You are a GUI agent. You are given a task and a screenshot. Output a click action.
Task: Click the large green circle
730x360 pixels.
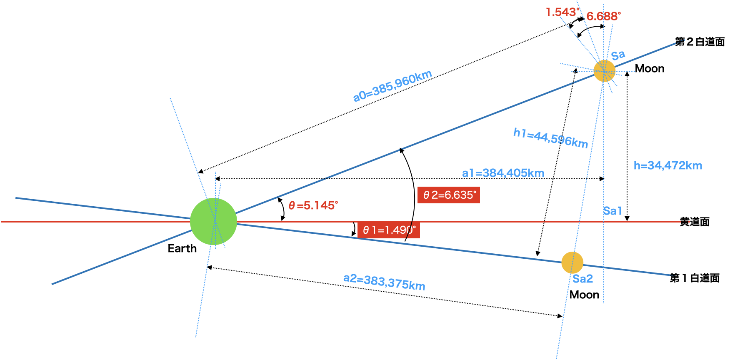(213, 221)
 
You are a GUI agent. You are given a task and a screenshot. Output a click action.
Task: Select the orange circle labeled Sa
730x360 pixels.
(604, 71)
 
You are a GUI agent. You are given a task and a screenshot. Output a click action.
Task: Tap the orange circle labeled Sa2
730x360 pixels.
(572, 262)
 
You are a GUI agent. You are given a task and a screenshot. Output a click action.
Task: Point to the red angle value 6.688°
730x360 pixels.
(603, 16)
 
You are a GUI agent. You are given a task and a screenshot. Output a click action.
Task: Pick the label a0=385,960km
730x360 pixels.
(392, 86)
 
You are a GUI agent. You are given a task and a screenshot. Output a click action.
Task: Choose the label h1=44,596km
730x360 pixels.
(550, 138)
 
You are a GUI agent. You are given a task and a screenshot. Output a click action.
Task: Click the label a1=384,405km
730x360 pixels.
(503, 173)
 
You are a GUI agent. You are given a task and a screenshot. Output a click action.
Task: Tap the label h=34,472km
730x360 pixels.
(667, 165)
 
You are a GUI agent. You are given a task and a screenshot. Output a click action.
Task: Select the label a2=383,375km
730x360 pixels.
(384, 282)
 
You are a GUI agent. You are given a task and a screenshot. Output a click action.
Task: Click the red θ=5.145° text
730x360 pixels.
(313, 205)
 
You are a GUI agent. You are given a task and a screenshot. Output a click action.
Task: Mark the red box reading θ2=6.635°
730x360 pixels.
(449, 195)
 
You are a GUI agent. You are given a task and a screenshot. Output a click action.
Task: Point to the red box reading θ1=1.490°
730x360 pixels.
(388, 230)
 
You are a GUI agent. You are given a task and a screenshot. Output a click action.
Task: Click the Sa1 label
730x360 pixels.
(612, 211)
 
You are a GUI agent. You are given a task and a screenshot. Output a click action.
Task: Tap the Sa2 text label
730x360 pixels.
(582, 279)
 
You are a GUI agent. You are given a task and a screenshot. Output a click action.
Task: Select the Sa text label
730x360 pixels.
(618, 55)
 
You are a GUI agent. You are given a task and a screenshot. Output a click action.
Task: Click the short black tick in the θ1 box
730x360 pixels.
(409, 230)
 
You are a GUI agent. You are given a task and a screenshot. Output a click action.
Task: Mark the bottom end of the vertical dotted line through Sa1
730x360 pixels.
(604, 302)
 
